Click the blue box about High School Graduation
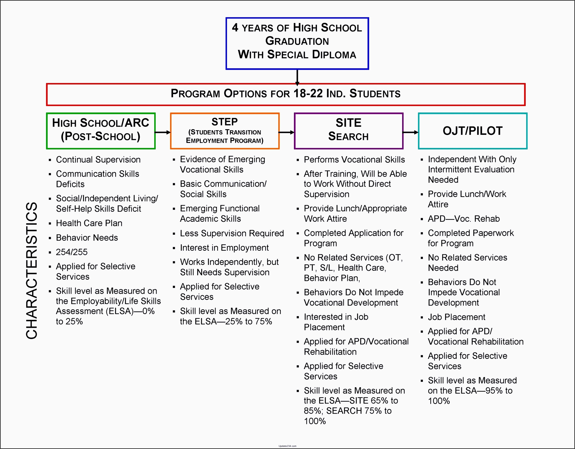(297, 43)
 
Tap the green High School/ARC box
(100, 131)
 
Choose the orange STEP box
(225, 131)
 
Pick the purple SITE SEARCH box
(348, 131)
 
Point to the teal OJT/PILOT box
(473, 131)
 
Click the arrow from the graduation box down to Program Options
(297, 77)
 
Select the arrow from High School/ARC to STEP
(162, 132)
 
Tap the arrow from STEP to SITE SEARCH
(286, 132)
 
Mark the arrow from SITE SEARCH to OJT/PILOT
(410, 132)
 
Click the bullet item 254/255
(72, 252)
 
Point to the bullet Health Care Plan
(89, 223)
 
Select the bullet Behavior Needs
(87, 237)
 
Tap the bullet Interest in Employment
(224, 247)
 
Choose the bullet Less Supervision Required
(232, 233)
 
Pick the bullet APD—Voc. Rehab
(463, 219)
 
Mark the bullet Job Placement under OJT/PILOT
(456, 317)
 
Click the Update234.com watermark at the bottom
(287, 446)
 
